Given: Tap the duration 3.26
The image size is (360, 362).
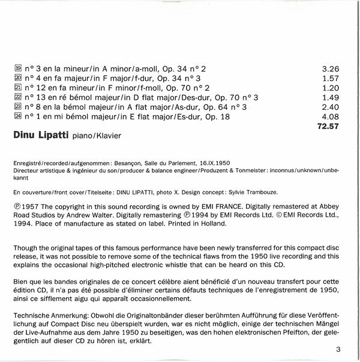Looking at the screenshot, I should [x=331, y=68].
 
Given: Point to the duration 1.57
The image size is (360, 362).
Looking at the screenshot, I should [x=331, y=78].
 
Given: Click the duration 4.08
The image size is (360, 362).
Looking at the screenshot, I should [x=331, y=116].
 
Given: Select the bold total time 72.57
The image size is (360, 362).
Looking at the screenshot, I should [x=328, y=126].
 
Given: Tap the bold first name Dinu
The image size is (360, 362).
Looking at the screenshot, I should [x=23, y=136].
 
